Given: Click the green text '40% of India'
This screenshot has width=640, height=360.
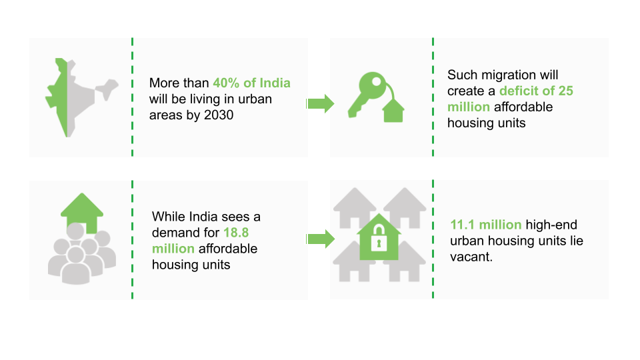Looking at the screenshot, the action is (x=251, y=83).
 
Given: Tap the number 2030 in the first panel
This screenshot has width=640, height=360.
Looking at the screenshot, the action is (x=219, y=115).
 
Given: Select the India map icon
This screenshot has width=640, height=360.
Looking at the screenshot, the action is (x=81, y=97).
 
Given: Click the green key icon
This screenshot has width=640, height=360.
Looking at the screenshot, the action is (x=367, y=94).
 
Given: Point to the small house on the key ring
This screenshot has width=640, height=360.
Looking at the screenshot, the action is (x=393, y=111).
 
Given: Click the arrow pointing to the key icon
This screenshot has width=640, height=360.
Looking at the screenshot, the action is (x=321, y=104).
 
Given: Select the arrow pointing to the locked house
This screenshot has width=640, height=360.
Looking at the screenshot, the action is (x=321, y=239).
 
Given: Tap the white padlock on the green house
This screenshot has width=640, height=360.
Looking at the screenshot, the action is (x=379, y=238).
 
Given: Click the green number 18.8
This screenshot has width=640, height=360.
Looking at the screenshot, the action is (x=236, y=233).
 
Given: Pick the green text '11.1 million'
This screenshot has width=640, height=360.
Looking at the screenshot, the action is (x=486, y=225).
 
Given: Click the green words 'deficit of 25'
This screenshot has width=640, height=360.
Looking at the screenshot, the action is (x=536, y=91).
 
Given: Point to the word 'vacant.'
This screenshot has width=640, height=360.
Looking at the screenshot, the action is (x=471, y=257).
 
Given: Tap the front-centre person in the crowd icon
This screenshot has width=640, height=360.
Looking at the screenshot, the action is (x=75, y=267).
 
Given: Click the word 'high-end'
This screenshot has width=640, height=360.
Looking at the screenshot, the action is (x=551, y=225).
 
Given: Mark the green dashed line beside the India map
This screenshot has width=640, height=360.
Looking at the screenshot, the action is (x=132, y=97).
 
